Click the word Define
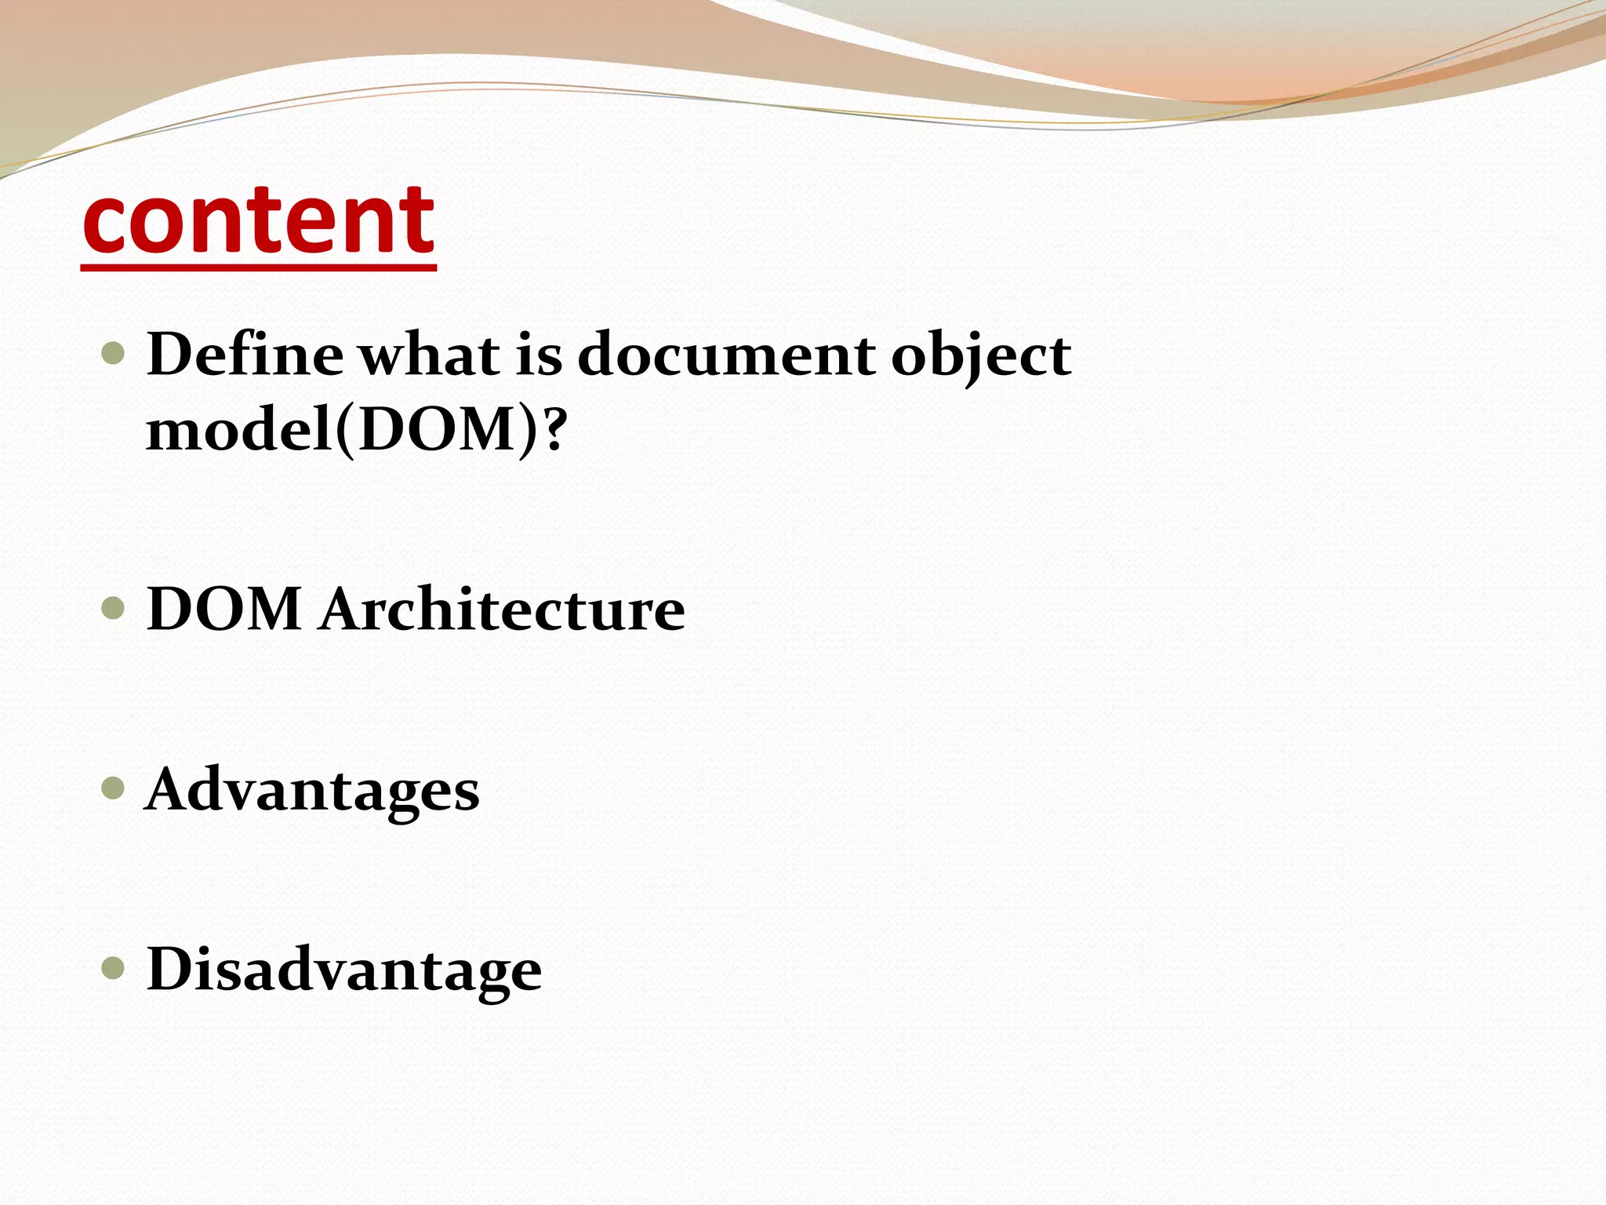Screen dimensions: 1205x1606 (x=245, y=355)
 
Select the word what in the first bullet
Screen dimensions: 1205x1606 (x=429, y=355)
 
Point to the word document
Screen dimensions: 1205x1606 (x=726, y=355)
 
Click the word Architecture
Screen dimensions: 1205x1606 (x=502, y=610)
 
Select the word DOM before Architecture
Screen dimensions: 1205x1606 (x=224, y=610)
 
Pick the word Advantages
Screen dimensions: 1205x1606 (x=312, y=791)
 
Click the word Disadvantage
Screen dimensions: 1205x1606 (x=343, y=970)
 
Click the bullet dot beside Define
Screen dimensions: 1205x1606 (x=114, y=353)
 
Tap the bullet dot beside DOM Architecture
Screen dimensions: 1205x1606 (x=114, y=608)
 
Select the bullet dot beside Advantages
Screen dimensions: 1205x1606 (x=114, y=788)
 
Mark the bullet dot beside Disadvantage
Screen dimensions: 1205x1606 (x=114, y=968)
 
